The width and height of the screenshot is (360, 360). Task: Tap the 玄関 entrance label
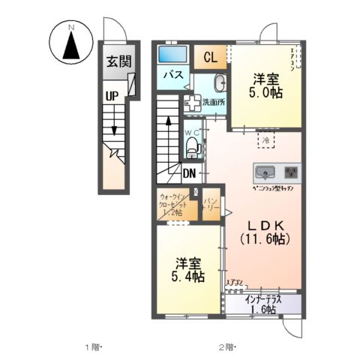(115, 63)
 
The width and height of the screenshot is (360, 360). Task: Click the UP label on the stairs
(112, 96)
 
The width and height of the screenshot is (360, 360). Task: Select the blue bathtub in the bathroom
(174, 53)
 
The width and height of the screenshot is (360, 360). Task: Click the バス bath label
(174, 75)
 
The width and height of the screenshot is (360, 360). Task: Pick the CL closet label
(210, 57)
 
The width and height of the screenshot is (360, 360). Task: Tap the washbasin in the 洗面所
(220, 83)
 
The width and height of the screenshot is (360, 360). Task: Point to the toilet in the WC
(191, 145)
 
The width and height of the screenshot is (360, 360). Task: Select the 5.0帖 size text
(266, 93)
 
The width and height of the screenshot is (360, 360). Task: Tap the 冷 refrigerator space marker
(266, 139)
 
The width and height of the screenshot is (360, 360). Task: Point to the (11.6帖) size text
(265, 239)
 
